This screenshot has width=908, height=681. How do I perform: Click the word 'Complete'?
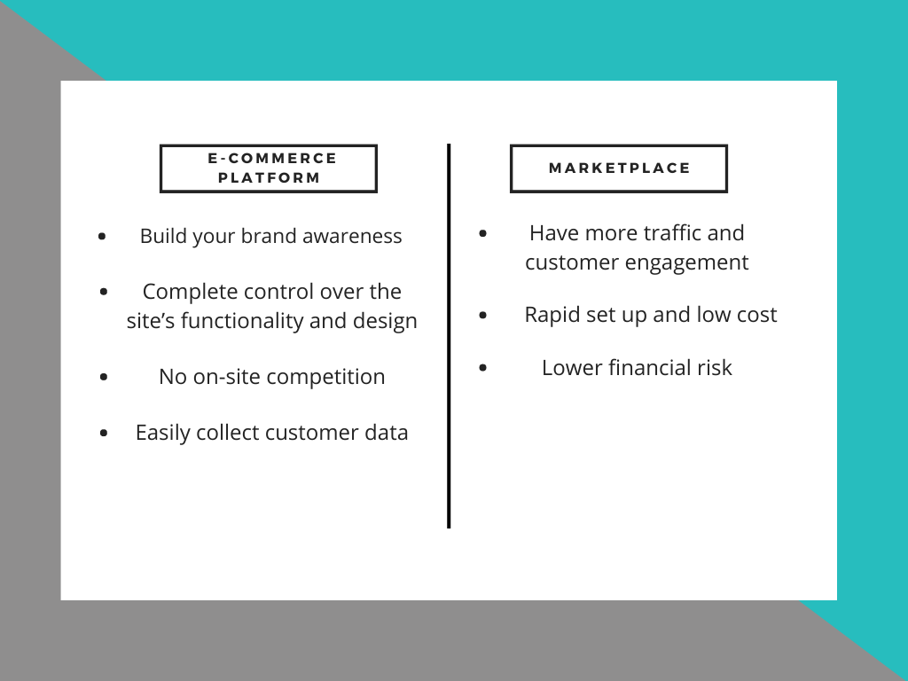coord(191,292)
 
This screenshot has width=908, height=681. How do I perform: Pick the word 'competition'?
coord(326,377)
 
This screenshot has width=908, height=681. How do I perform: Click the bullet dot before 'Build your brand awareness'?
coord(103,236)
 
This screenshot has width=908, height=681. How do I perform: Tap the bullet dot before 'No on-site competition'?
coord(105,377)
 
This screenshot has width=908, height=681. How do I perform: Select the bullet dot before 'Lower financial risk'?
coord(483,368)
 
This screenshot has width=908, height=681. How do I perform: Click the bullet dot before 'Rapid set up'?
coord(483,315)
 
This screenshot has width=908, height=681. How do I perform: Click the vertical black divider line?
coord(449,336)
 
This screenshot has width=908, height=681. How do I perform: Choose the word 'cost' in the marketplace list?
coord(756,316)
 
